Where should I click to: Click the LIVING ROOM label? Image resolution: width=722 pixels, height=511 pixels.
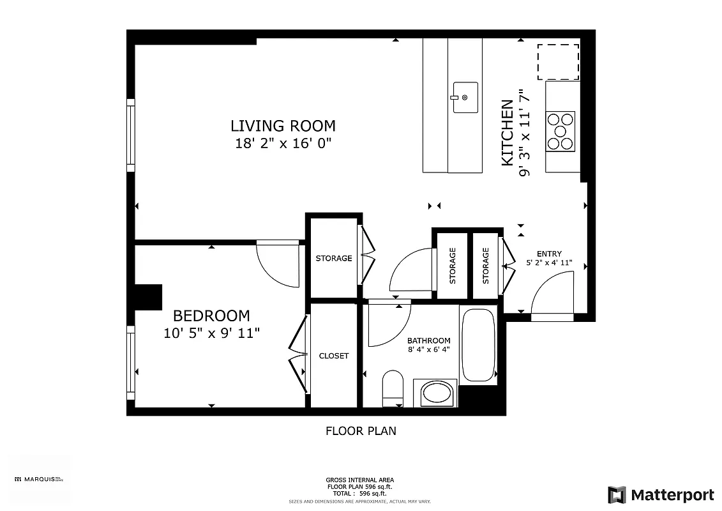pos(283,126)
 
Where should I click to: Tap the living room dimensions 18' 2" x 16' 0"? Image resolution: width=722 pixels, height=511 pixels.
pos(283,143)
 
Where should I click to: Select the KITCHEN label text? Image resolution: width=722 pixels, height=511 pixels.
pos(508,133)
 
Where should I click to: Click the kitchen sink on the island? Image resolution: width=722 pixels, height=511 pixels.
pos(465,97)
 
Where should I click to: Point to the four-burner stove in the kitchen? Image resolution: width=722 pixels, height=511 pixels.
pos(560,131)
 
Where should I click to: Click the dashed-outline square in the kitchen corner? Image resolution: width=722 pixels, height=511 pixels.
pos(558,61)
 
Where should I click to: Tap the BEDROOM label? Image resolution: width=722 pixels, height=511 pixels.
pos(211,316)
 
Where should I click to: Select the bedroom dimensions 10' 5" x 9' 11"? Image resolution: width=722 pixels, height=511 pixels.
pos(211,333)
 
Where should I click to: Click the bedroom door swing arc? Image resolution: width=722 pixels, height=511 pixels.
pos(276,265)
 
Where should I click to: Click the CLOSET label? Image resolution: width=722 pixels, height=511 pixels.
pos(334,356)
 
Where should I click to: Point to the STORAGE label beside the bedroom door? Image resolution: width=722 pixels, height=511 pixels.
pos(334,258)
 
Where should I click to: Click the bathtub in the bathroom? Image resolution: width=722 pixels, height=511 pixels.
pos(478,345)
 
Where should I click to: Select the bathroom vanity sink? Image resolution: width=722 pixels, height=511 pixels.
pos(435,392)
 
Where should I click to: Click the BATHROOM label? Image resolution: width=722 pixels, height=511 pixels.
pos(429,340)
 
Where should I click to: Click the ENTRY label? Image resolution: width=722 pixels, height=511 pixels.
pos(549,254)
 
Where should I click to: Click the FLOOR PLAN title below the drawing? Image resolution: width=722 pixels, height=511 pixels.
pos(361,431)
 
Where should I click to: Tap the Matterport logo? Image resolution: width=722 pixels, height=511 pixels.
pos(661,494)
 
